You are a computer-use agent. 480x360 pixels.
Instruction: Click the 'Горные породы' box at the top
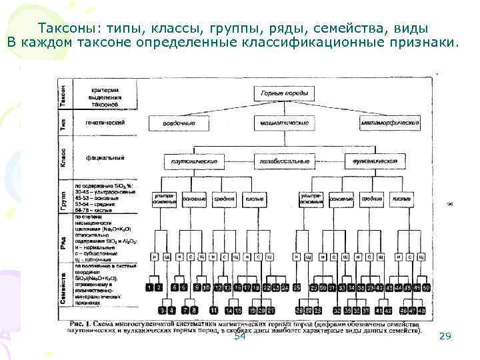(283, 93)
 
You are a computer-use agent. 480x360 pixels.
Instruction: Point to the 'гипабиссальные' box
(283, 161)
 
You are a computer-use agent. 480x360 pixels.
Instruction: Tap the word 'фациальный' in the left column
(103, 159)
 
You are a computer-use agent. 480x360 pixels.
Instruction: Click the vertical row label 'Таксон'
(63, 92)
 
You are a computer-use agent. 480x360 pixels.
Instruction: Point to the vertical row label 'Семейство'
(63, 288)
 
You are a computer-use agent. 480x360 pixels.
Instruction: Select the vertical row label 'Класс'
(63, 160)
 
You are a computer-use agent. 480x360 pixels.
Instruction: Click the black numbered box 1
(149, 287)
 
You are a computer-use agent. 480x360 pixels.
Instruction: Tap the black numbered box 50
(426, 287)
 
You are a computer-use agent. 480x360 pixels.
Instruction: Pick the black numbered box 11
(214, 310)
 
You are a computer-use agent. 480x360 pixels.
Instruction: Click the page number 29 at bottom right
(445, 337)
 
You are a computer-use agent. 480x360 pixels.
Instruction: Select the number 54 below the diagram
(240, 337)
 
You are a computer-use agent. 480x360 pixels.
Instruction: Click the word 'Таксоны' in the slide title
(67, 29)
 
